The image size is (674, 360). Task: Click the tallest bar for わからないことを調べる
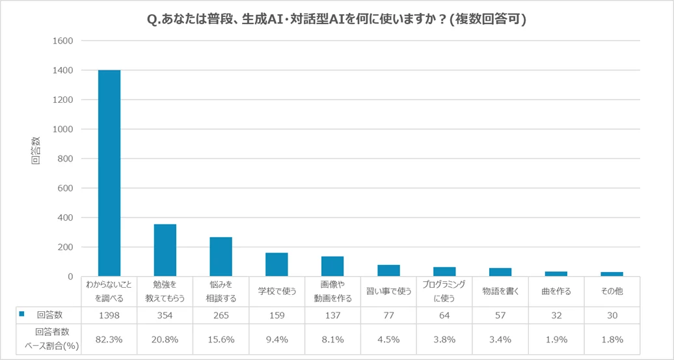109,173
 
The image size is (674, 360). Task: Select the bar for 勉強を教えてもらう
165,250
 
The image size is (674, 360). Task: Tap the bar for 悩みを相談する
221,256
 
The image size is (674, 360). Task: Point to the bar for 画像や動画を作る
332,266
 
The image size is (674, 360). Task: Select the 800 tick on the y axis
65,159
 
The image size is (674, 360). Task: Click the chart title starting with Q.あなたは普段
337,20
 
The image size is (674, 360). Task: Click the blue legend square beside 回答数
21,314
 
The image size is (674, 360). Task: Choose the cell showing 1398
109,314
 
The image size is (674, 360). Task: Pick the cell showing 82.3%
109,339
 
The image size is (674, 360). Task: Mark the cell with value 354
165,314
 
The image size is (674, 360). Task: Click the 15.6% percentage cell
221,339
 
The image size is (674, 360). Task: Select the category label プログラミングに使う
444,291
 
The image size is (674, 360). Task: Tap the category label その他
612,291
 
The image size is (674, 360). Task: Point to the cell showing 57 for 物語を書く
500,314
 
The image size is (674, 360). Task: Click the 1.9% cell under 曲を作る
556,339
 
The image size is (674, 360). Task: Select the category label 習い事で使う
388,291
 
